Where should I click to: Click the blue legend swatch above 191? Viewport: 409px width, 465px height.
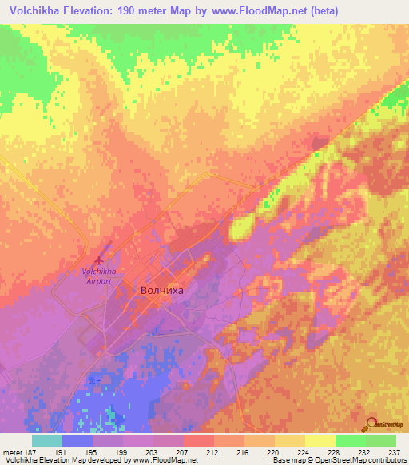77,440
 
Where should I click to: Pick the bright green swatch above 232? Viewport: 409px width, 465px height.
350,440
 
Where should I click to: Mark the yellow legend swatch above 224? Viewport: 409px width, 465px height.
289,440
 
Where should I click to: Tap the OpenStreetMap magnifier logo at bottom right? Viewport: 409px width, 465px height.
371,425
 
